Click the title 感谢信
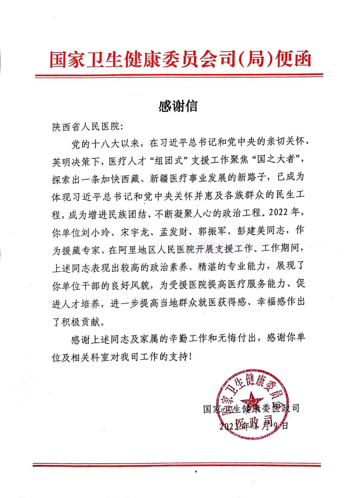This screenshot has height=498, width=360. click(x=178, y=106)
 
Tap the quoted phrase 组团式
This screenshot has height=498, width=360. click(x=168, y=161)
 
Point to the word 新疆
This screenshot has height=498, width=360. click(x=160, y=178)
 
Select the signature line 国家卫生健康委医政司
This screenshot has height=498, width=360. click(x=251, y=409)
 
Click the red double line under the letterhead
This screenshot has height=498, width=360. click(x=179, y=75)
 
